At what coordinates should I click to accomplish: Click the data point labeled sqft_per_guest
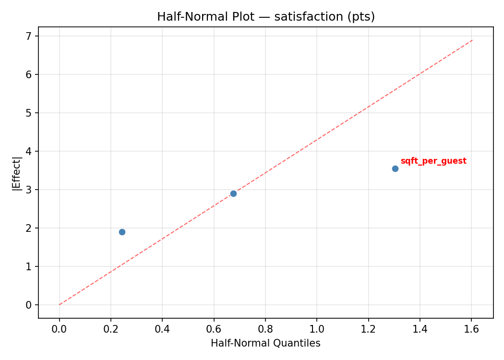click(395, 168)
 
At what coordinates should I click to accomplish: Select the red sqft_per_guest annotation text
click(433, 161)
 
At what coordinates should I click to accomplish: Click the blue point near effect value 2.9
click(233, 193)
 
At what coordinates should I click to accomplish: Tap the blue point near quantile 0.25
click(122, 232)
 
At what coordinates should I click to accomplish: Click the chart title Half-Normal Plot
click(265, 17)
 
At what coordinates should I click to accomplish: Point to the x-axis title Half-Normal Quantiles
click(265, 343)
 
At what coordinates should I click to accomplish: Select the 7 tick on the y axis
click(29, 36)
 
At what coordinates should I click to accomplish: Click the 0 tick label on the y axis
click(29, 305)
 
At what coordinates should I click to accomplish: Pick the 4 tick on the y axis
click(29, 151)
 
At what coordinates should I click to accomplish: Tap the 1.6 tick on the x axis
click(471, 329)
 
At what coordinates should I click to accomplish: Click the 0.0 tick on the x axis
click(60, 329)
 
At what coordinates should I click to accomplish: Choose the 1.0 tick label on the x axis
click(317, 329)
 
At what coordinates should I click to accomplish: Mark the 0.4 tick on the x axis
click(162, 329)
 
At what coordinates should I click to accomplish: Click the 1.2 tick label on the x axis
click(368, 329)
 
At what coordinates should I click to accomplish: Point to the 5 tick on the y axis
click(29, 113)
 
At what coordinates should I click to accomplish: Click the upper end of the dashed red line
click(473, 40)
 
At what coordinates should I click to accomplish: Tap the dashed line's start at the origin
click(60, 304)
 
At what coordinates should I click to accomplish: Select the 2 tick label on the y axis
click(29, 228)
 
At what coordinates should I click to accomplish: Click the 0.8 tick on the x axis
click(265, 329)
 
